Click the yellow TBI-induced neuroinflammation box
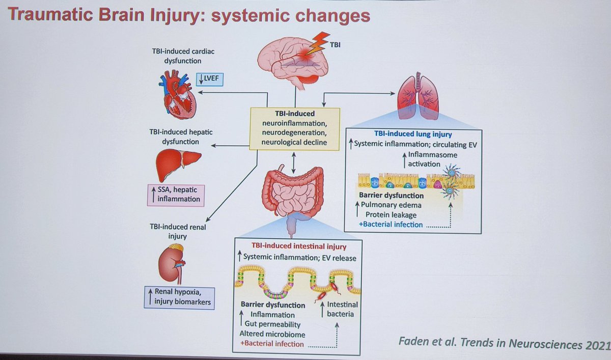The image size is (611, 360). pyautogui.click(x=294, y=128)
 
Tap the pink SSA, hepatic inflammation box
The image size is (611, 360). pyautogui.click(x=175, y=194)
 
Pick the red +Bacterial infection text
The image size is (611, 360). pyautogui.click(x=272, y=344)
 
